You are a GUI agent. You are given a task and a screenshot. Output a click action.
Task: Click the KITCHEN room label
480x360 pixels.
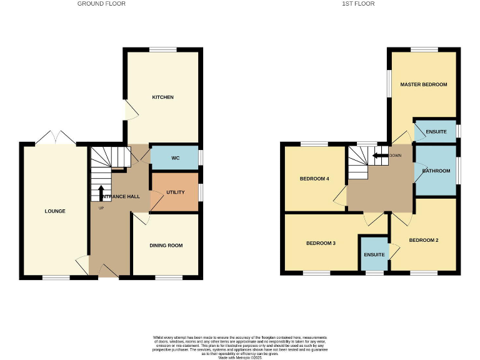click(162, 97)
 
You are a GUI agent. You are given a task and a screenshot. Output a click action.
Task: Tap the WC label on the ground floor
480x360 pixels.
click(175, 158)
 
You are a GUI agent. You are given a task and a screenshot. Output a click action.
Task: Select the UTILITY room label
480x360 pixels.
click(175, 192)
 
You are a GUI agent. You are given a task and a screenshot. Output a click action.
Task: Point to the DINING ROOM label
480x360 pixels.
click(167, 246)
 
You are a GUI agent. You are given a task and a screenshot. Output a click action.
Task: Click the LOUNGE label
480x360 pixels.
click(55, 211)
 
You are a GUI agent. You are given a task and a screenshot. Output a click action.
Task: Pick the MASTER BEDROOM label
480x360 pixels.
click(424, 84)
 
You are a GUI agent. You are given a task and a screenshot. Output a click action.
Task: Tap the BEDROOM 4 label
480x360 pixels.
click(314, 179)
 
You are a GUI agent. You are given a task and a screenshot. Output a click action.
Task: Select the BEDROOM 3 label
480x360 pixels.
click(321, 242)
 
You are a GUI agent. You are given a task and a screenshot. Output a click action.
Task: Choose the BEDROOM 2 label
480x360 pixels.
click(424, 240)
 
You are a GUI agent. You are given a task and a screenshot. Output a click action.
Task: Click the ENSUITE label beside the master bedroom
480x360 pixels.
click(436, 132)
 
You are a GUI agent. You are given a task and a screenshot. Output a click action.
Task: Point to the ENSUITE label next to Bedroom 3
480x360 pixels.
click(374, 254)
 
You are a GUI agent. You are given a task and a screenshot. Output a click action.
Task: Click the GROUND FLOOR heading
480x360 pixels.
click(101, 4)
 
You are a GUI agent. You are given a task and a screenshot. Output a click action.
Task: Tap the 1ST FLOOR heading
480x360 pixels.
click(358, 4)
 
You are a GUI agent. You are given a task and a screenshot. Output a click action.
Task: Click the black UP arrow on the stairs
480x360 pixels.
click(101, 192)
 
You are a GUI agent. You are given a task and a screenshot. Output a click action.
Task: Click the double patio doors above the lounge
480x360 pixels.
click(56, 138)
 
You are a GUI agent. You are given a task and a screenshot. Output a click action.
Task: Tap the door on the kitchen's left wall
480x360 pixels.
click(128, 111)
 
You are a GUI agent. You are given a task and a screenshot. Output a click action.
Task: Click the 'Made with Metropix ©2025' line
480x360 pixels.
click(240, 354)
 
